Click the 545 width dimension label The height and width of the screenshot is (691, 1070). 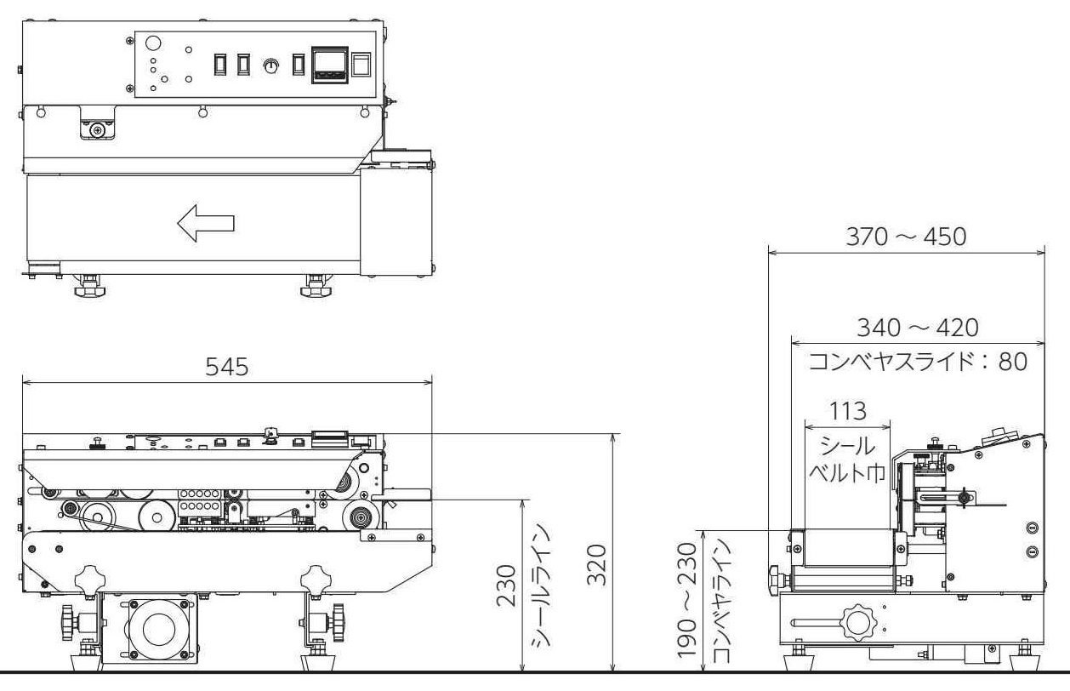click(x=227, y=367)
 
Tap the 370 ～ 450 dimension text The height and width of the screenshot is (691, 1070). click(x=906, y=237)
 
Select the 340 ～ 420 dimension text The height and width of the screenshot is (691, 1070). click(x=918, y=328)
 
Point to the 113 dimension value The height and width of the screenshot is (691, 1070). click(x=847, y=411)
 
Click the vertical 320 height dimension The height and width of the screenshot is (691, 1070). click(x=597, y=565)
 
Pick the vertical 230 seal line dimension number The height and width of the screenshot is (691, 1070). click(x=506, y=585)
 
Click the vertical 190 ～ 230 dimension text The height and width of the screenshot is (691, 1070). click(x=687, y=600)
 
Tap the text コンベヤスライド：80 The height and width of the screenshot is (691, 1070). click(x=918, y=362)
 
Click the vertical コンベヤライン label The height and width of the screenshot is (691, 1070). click(x=721, y=601)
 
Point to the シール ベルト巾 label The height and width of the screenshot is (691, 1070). click(x=847, y=460)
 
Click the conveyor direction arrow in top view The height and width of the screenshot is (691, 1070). click(x=206, y=223)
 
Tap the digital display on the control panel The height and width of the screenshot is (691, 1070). click(x=330, y=65)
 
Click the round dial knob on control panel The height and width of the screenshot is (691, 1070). click(x=270, y=66)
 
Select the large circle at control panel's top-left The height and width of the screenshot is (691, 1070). click(x=153, y=43)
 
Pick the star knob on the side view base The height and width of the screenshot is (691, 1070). click(x=858, y=624)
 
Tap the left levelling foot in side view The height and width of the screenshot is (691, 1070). click(x=799, y=659)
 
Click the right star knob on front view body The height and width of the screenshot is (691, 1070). click(x=316, y=579)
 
